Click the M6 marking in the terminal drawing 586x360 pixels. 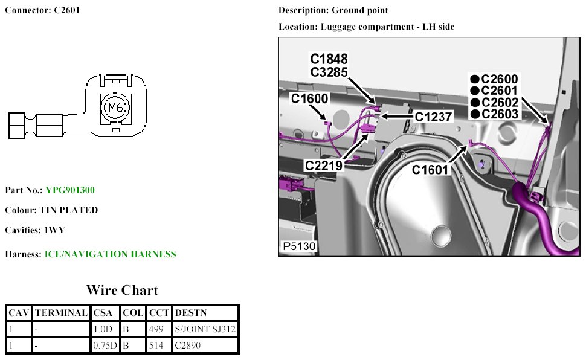click(x=115, y=108)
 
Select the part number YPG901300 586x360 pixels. click(x=69, y=190)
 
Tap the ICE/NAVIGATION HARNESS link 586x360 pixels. click(x=110, y=254)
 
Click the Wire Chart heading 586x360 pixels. click(x=122, y=290)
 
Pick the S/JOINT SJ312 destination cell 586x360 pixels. click(x=205, y=329)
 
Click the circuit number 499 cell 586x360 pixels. click(x=155, y=329)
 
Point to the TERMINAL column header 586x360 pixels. click(x=61, y=313)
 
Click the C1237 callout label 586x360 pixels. click(x=433, y=117)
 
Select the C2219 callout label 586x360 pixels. click(x=324, y=165)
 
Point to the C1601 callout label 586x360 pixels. click(x=431, y=170)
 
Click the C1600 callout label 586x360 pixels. click(x=309, y=99)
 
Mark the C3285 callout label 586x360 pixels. click(x=329, y=72)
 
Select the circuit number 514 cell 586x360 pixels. click(x=155, y=346)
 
